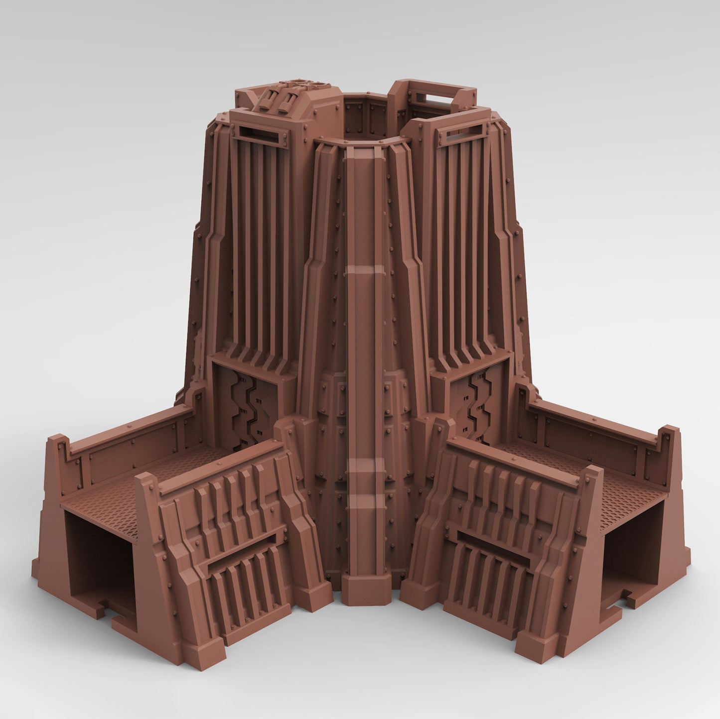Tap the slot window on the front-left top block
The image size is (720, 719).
(x=259, y=134)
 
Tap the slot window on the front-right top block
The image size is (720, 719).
(x=466, y=133)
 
